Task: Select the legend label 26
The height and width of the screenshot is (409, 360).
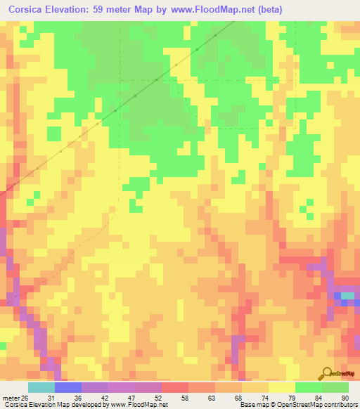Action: click(25, 397)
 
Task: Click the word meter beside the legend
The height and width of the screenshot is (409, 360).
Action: click(10, 397)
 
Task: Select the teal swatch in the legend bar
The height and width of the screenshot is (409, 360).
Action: click(41, 387)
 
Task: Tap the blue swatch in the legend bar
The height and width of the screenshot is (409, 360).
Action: click(68, 387)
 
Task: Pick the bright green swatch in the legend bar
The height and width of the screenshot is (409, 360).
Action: click(309, 387)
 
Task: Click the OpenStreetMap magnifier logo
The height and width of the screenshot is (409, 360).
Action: click(327, 374)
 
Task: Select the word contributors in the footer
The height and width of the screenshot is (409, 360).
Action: click(338, 405)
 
